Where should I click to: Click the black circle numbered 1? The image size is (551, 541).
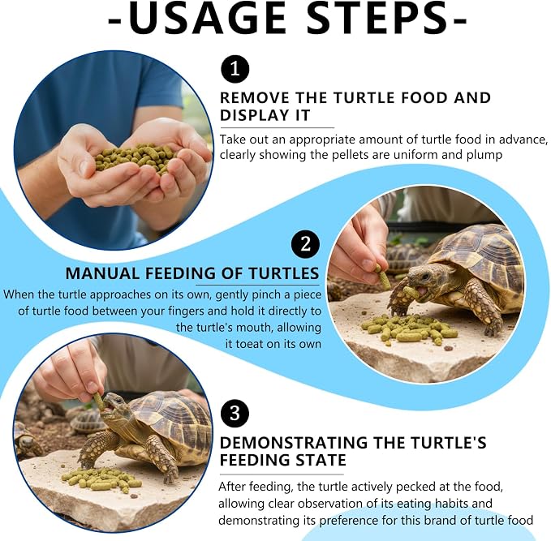tap(235, 69)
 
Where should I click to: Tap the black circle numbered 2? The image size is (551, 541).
tap(305, 244)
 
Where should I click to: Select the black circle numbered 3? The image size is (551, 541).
tap(235, 413)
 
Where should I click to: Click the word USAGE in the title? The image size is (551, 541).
tap(207, 19)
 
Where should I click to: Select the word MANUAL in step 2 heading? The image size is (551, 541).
tap(102, 273)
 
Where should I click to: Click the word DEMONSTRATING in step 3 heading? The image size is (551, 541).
tap(293, 443)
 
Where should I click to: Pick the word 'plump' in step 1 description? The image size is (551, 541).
tap(484, 155)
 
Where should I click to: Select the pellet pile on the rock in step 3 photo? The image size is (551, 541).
tap(102, 479)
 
